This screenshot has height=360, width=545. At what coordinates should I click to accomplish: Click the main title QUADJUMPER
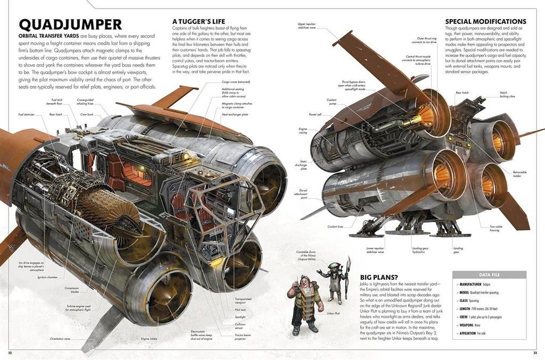pos(70,24)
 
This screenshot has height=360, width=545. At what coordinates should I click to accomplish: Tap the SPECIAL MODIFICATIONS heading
pos(485,22)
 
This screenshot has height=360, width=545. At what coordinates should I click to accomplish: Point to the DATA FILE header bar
pos(489,275)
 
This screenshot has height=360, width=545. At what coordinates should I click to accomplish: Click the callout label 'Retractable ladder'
pos(520,174)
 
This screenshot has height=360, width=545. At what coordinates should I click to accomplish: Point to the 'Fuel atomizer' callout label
pos(26,114)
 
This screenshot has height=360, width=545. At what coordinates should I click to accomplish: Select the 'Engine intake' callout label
pos(148,339)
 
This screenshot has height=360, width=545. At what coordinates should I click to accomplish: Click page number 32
pos(10,352)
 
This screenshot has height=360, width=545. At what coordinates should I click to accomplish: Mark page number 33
pos(535,352)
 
